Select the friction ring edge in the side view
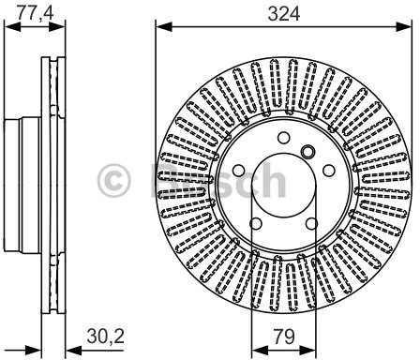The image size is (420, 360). coord(55,180)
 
